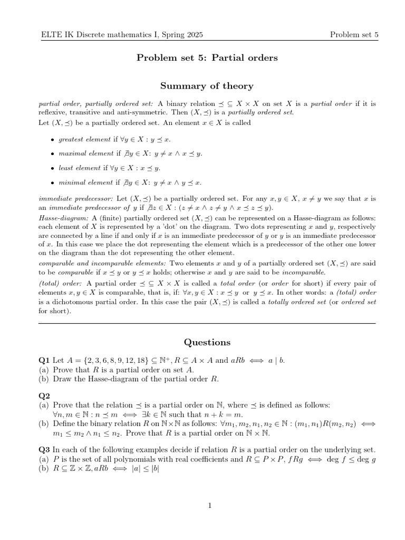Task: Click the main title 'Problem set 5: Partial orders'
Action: [207, 57]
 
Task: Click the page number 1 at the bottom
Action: [209, 506]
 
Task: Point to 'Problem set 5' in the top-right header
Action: [354, 35]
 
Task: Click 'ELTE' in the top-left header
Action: [52, 35]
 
